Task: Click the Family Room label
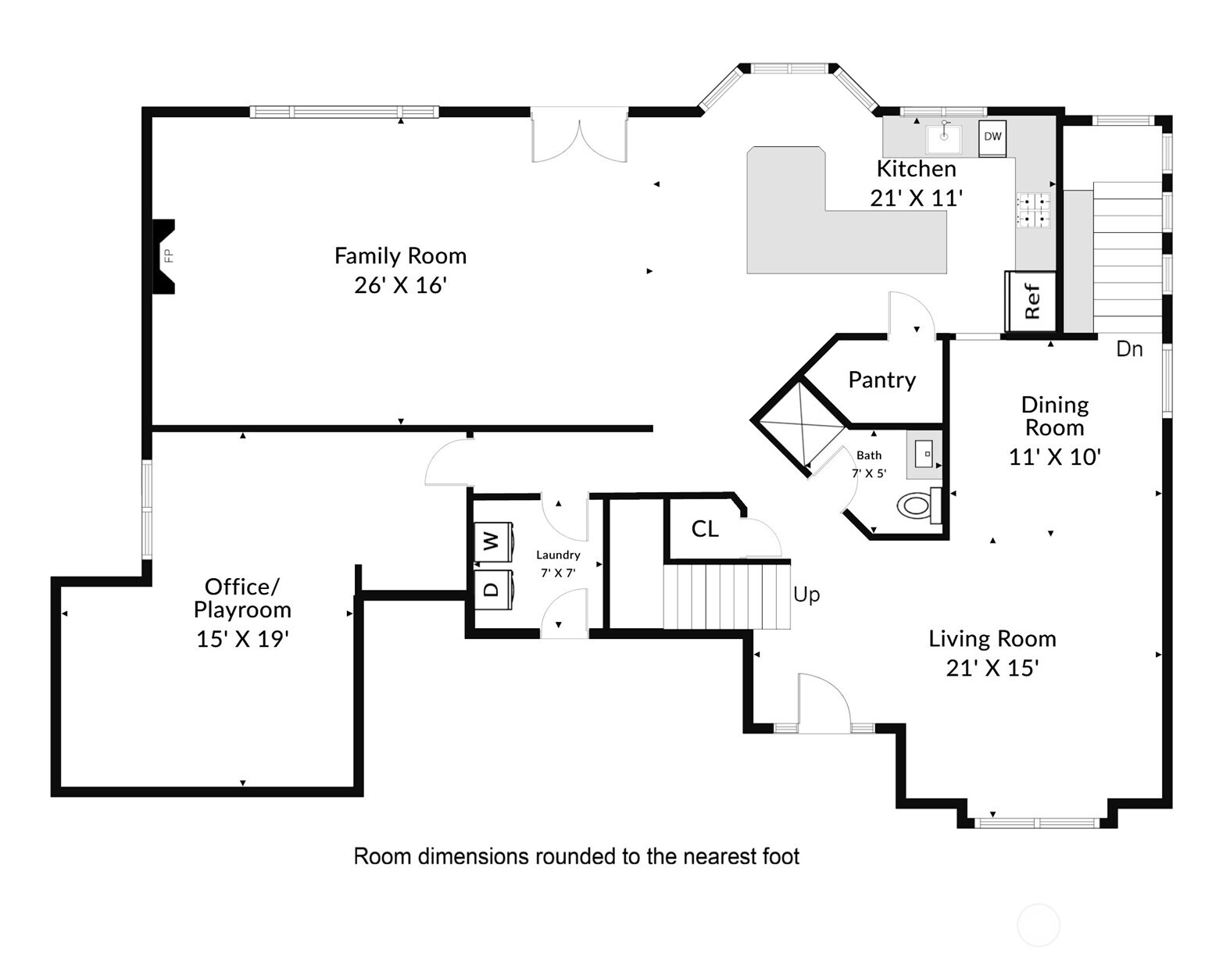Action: pos(400,256)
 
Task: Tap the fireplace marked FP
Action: pos(165,256)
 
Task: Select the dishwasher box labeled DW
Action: pos(992,137)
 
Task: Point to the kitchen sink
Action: pos(945,139)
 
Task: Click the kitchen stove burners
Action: pos(1033,210)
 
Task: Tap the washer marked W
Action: pos(492,541)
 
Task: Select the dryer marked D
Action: pos(492,589)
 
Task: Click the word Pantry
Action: pos(881,380)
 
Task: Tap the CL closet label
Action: pos(705,529)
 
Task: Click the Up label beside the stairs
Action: pos(806,595)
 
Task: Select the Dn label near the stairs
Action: pos(1129,349)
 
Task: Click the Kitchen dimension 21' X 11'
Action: pos(916,198)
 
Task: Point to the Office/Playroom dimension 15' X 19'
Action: pos(242,639)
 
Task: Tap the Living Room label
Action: pos(992,639)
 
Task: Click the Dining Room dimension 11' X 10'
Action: pos(1054,457)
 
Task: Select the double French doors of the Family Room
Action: pos(579,139)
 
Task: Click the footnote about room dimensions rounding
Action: pos(577,856)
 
